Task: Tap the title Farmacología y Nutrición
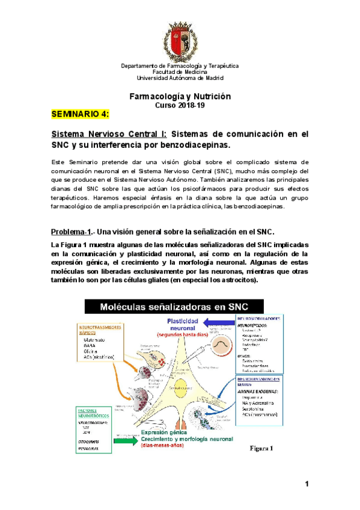pos(180,96)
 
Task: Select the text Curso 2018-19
pos(180,105)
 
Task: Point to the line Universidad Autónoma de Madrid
pos(180,78)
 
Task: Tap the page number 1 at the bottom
pos(307,484)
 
